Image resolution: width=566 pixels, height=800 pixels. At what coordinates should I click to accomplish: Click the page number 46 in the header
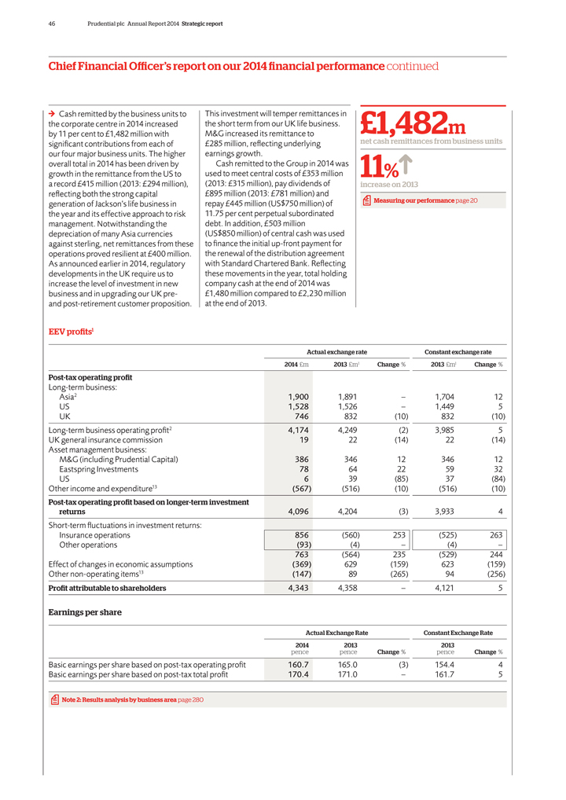(51, 24)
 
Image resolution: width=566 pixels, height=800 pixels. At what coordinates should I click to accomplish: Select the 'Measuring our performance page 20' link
(424, 201)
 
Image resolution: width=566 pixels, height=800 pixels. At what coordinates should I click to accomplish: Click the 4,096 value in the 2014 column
(298, 512)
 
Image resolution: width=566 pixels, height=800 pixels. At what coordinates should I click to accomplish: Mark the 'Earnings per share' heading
(85, 612)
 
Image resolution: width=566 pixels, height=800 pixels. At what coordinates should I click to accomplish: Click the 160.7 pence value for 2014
(297, 663)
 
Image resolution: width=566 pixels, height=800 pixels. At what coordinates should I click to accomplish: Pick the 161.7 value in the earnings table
(444, 674)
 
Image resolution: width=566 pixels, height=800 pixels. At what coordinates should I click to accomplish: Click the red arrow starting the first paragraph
(52, 114)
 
